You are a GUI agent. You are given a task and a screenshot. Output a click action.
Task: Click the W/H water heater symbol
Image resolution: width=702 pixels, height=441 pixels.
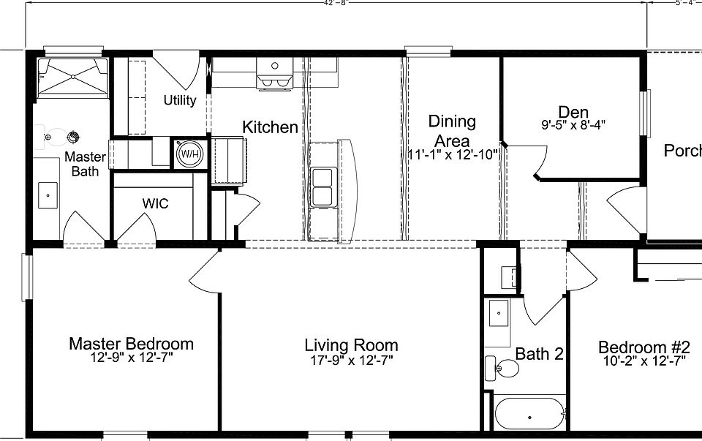pos(190,154)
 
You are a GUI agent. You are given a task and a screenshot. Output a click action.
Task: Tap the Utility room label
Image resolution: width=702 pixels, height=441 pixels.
pos(179,100)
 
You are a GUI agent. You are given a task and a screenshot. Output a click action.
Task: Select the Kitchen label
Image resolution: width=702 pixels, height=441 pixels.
pos(270,127)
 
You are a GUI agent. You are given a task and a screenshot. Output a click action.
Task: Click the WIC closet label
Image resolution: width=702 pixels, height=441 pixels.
pos(155,203)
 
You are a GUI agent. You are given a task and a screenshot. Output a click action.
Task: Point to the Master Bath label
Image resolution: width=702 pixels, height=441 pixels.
pos(85,164)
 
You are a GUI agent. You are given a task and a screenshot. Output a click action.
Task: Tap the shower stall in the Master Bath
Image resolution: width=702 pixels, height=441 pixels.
pos(72,77)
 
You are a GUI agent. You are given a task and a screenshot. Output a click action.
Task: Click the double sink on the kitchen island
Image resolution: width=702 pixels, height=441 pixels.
pos(322,187)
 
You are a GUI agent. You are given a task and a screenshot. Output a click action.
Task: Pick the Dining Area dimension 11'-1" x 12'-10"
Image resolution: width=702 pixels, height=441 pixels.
pos(453,154)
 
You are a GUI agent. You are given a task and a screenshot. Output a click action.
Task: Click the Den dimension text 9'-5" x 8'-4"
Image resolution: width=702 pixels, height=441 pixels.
pos(573,124)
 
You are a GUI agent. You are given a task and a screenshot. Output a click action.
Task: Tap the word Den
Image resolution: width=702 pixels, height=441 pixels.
pos(573,112)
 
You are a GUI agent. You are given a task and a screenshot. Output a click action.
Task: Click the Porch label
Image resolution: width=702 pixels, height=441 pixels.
pos(682,151)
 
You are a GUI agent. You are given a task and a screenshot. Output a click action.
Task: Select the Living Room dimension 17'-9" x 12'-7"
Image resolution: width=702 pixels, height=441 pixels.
pos(351,360)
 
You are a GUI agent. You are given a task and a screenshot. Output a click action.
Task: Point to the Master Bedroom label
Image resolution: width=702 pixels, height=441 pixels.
pos(131,344)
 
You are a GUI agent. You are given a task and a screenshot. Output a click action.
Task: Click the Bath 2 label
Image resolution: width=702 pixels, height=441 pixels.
pos(539,355)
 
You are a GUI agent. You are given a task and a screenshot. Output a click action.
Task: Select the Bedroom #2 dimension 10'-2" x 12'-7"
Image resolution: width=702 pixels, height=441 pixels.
pos(643,361)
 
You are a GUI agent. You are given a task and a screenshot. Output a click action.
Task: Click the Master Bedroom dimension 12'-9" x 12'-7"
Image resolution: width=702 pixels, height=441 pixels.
pos(131,358)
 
